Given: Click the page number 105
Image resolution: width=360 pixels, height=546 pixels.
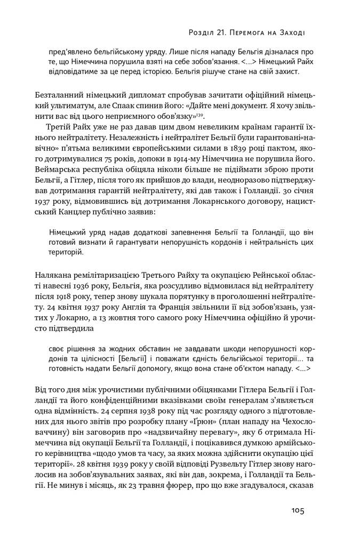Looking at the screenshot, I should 298,510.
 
